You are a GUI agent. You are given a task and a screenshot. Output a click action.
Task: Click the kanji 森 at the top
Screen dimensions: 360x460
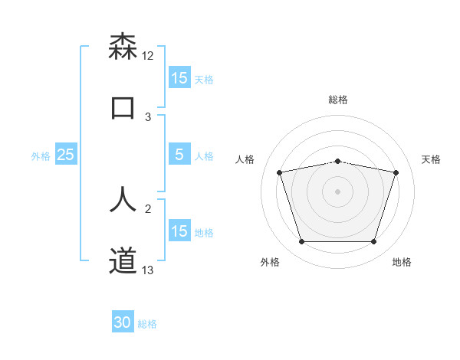click(123, 47)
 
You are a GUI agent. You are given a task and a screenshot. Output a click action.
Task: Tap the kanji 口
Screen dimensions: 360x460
click(123, 107)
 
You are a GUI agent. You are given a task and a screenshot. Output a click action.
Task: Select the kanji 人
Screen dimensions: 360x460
click(123, 198)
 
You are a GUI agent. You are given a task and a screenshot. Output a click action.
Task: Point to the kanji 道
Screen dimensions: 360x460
click(123, 260)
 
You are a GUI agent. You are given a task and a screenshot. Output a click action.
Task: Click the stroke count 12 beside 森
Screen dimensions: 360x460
click(148, 56)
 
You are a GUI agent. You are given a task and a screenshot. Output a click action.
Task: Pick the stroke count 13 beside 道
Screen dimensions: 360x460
click(148, 270)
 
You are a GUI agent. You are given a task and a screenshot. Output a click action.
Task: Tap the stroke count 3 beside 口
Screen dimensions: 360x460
click(148, 117)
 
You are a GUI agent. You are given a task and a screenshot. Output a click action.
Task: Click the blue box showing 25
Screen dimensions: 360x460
click(65, 155)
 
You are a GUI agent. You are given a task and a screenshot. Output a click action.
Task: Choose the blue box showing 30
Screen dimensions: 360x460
click(123, 322)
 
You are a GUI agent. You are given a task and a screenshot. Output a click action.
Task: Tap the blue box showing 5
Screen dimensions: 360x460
click(179, 155)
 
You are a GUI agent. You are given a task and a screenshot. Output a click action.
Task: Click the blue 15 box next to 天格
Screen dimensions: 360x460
click(179, 78)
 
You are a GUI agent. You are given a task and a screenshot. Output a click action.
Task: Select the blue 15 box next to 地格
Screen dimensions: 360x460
click(179, 231)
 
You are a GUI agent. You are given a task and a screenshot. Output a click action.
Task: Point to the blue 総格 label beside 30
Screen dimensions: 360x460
click(147, 324)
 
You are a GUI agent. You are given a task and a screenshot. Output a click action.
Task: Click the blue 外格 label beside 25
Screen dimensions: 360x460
click(41, 156)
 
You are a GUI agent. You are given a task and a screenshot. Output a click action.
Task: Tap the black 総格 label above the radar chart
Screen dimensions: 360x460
click(337, 100)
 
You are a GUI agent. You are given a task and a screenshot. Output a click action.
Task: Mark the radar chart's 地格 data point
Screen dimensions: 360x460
click(373, 242)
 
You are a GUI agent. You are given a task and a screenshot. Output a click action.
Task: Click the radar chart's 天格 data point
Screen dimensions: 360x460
click(396, 172)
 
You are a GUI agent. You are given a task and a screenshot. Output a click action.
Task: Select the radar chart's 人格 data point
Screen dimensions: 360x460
click(279, 172)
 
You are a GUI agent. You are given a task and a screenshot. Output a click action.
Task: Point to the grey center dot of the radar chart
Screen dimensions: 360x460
click(337, 191)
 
